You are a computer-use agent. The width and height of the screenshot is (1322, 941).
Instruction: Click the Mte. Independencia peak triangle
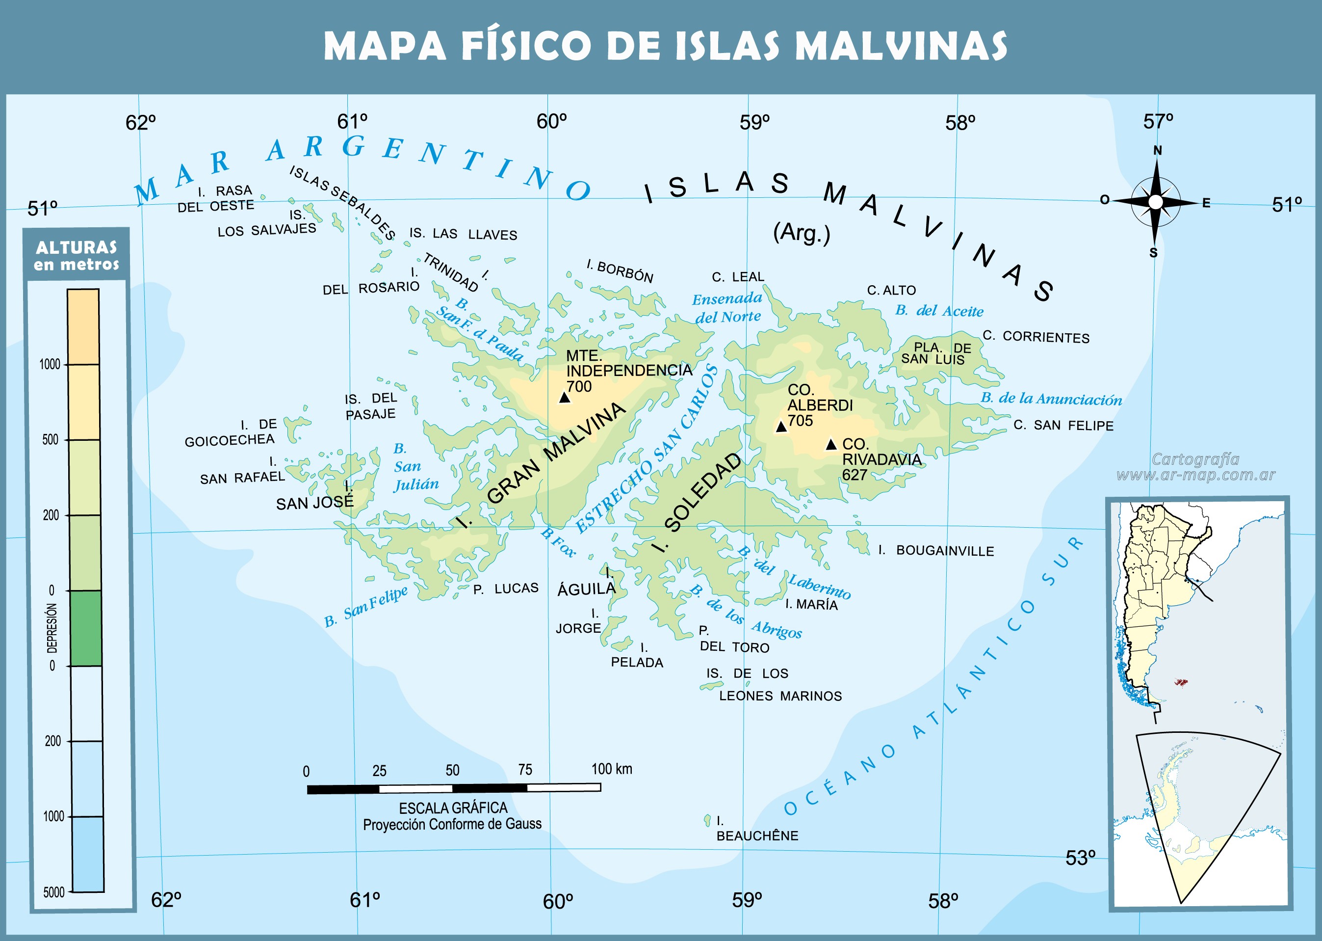(565, 398)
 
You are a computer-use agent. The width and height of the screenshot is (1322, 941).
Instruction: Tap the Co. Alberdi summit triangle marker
(780, 427)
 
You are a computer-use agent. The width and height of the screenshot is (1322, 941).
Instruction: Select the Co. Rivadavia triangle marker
(831, 444)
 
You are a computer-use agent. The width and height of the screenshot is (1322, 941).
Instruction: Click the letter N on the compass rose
(1157, 151)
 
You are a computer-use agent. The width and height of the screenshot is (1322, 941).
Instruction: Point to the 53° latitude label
(1081, 858)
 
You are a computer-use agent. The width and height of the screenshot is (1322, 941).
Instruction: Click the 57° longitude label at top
(1158, 122)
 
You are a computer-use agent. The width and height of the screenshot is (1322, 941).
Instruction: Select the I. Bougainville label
(936, 550)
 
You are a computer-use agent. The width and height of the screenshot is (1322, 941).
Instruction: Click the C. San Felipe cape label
(1063, 425)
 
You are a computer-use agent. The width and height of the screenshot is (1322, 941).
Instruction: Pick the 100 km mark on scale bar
(612, 769)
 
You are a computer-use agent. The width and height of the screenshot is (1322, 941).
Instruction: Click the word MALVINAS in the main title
(901, 46)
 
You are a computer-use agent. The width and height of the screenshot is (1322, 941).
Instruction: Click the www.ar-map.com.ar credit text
(1196, 475)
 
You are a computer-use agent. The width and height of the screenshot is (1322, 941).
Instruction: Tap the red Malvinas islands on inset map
(1181, 682)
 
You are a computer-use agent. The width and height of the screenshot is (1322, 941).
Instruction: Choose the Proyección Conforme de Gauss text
(452, 824)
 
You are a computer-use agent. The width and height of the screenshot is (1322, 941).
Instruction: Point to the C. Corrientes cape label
(1036, 337)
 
